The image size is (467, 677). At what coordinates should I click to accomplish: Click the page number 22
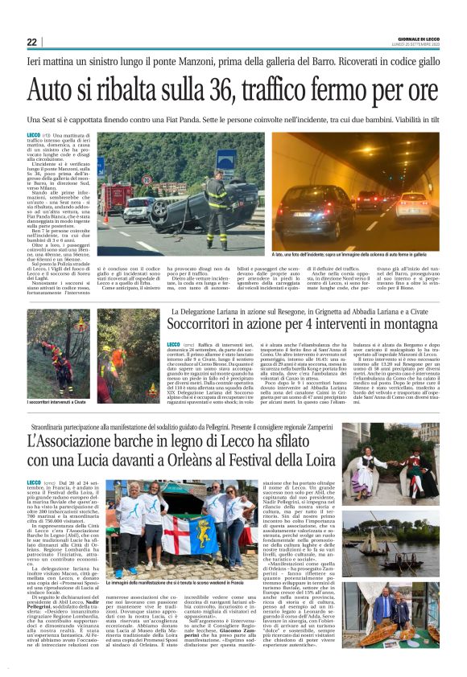click(x=31, y=42)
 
